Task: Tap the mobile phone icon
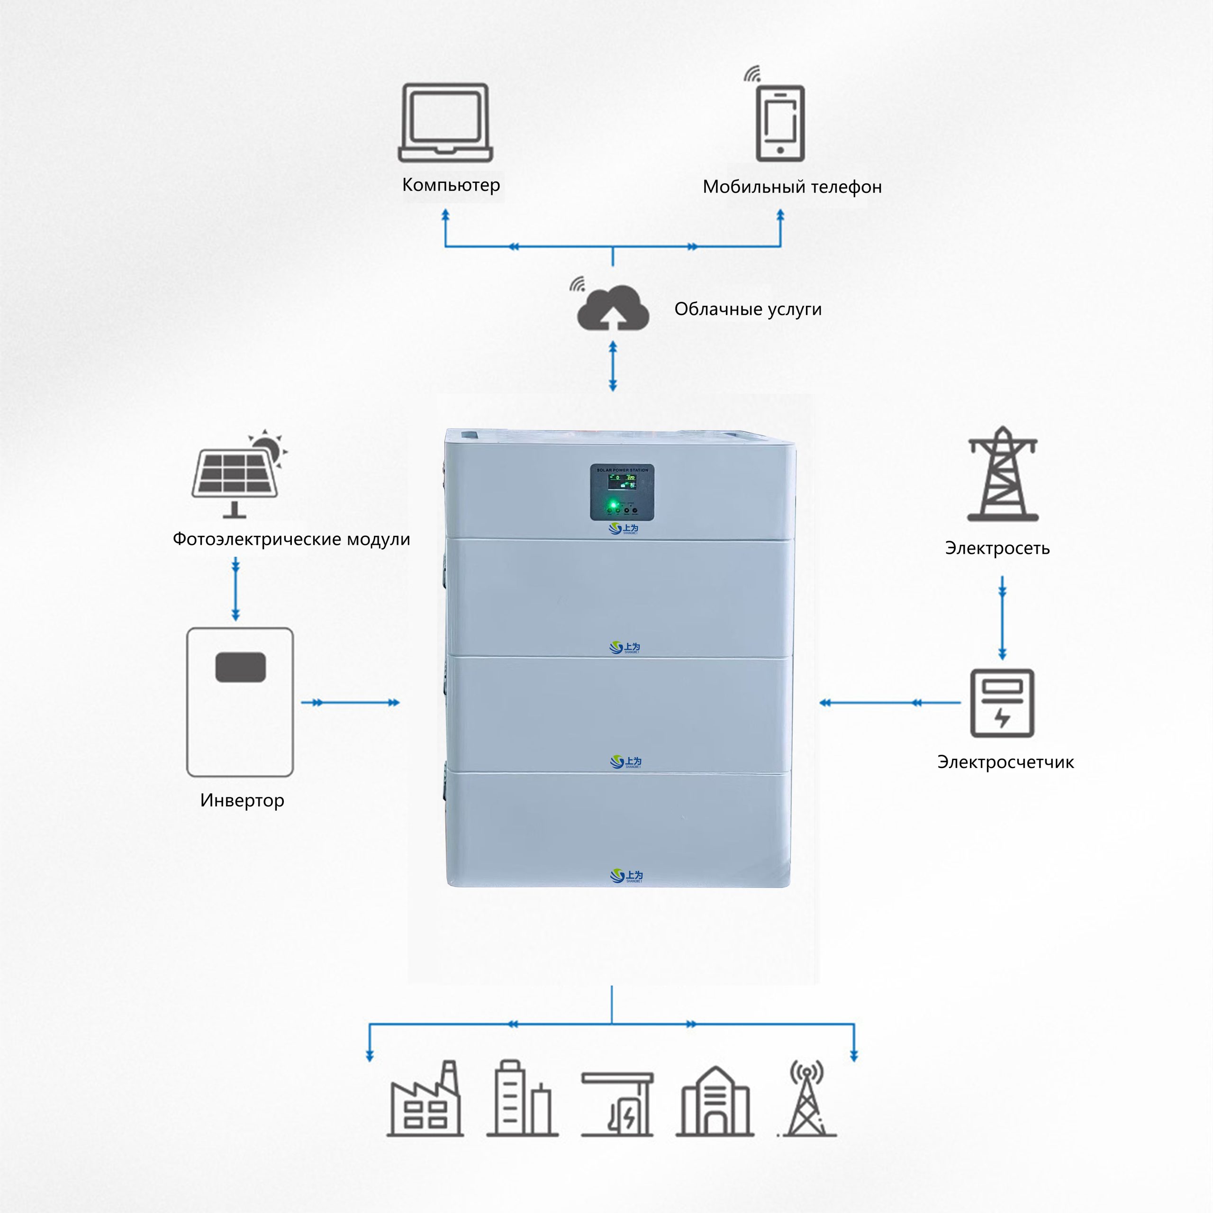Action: pos(780,123)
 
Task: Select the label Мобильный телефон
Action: pos(792,187)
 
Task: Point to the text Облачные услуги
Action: pos(748,309)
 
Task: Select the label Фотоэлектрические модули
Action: pos(291,539)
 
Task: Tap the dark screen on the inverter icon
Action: pos(240,667)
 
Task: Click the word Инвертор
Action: pos(242,800)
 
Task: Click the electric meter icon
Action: pos(1002,703)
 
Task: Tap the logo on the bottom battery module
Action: pos(626,876)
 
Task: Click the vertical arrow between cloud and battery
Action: pos(613,366)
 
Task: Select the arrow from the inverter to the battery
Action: pos(350,703)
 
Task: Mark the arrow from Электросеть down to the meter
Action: pos(1002,618)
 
